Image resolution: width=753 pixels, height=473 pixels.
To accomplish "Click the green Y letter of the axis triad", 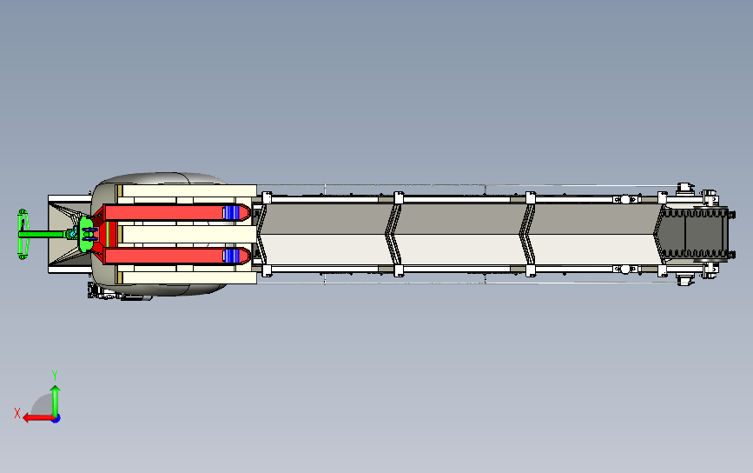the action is tap(55, 376).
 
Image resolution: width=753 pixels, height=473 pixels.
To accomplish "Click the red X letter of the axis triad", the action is tap(17, 413).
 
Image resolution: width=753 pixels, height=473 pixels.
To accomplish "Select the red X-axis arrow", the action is tap(38, 417).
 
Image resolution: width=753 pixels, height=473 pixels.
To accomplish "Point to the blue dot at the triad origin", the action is tap(56, 419).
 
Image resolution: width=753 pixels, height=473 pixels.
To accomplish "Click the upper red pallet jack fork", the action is tap(176, 212).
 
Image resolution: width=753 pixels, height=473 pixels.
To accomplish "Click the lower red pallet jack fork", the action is tap(176, 256).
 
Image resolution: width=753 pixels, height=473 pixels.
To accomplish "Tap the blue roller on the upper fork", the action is tap(231, 212).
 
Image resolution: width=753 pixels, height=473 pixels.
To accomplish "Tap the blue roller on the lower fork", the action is tap(231, 256).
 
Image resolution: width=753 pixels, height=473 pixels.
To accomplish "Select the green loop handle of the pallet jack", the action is tap(22, 234).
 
